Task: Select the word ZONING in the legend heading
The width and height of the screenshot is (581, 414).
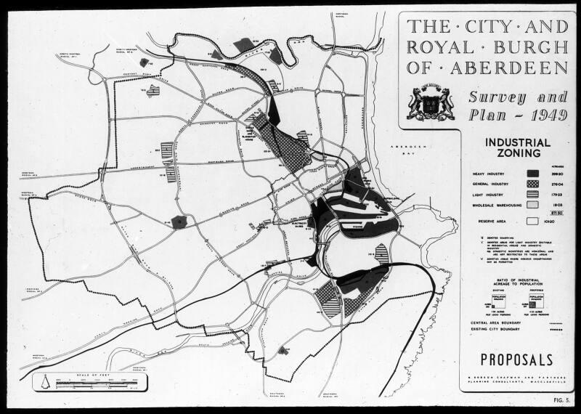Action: pos(517,154)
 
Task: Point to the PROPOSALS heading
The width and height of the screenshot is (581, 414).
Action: pos(517,360)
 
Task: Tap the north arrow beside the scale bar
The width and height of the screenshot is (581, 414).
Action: pos(46,382)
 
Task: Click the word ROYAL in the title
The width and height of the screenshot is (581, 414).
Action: pos(442,49)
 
